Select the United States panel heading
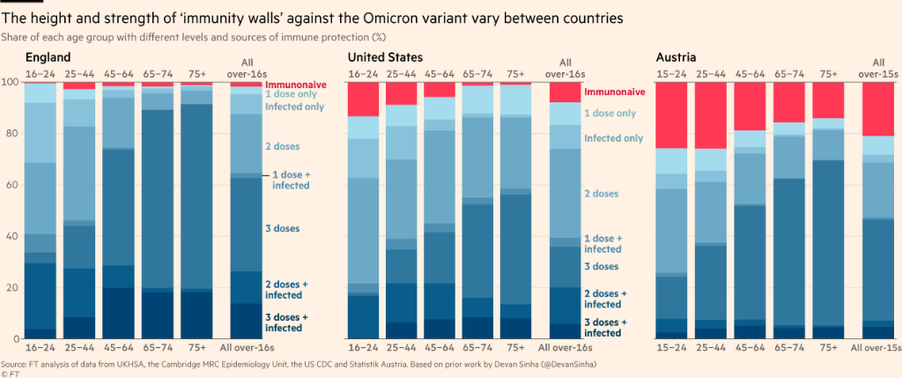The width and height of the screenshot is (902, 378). point(384,57)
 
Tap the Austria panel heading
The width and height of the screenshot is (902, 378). point(676,57)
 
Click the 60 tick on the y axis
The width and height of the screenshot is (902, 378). point(12,185)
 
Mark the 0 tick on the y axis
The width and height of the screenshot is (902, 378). point(15,339)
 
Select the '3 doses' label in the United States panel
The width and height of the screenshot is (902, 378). point(602,266)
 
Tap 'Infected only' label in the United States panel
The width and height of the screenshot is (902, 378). point(614,138)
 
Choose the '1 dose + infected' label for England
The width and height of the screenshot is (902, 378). point(290,181)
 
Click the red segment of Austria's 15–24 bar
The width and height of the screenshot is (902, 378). point(671,115)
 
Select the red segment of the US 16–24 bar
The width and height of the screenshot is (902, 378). point(363,99)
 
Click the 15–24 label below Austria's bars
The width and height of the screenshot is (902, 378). point(671,349)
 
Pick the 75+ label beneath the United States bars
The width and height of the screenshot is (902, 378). point(516,349)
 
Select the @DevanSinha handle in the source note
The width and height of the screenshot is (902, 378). point(563,364)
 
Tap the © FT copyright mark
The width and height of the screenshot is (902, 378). point(11,374)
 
